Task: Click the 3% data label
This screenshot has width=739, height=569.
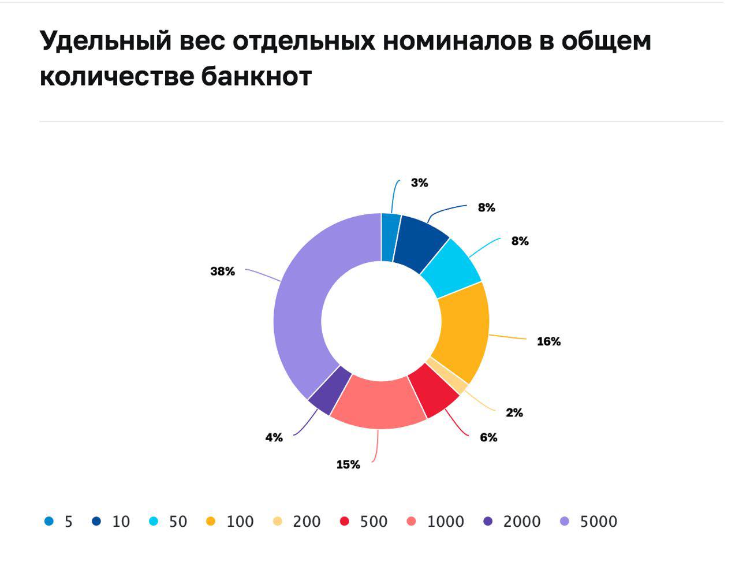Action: (419, 183)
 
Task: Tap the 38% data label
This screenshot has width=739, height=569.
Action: (222, 271)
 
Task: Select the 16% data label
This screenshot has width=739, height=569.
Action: (548, 341)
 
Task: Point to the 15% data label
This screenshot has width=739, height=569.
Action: (348, 464)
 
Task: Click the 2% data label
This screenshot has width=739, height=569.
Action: (514, 412)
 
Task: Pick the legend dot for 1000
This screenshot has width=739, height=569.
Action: (412, 521)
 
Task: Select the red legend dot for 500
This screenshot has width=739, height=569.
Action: (345, 521)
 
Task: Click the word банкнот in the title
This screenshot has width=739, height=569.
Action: (256, 76)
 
